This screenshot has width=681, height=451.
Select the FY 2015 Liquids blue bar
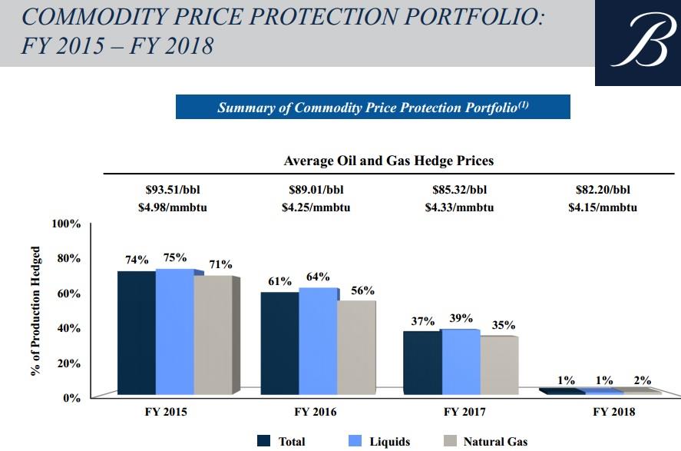(x=174, y=331)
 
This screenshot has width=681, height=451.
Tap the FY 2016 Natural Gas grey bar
(x=356, y=347)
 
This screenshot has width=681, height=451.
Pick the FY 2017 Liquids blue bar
(x=461, y=363)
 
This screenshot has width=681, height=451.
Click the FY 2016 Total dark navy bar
(x=279, y=343)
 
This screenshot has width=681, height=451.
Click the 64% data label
(x=318, y=277)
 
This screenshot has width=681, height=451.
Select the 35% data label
(x=503, y=325)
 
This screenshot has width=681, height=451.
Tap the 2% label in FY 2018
(x=643, y=380)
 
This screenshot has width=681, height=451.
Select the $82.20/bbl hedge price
(x=606, y=188)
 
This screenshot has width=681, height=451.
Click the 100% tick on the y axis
(x=66, y=224)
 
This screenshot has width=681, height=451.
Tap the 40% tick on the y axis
(x=69, y=328)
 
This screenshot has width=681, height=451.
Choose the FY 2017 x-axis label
(x=464, y=412)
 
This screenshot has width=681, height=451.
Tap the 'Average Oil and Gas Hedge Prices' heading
(x=388, y=161)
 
